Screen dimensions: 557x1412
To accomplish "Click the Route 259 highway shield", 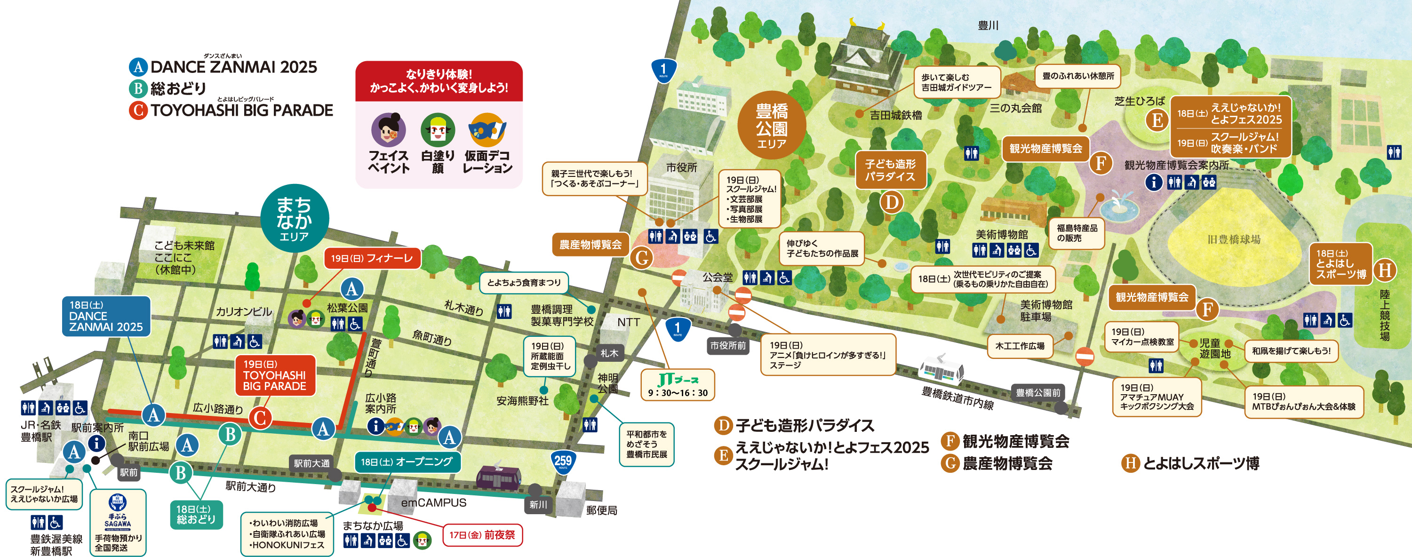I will tap(563, 462).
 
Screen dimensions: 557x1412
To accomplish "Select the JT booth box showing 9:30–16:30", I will tap(678, 385).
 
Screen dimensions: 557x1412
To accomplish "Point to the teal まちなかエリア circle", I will tap(295, 219).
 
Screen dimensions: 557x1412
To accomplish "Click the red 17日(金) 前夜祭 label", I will tap(482, 534).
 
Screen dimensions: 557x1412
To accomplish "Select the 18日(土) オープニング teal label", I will tap(407, 462).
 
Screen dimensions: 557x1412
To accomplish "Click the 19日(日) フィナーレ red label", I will tap(372, 258).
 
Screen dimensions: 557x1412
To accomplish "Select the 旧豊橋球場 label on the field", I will tap(1233, 239).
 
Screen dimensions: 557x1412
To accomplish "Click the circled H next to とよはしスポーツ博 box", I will tap(1385, 270).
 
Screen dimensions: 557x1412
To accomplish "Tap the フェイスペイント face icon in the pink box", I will tap(388, 129).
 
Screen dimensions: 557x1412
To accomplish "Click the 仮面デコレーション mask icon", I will tap(487, 129).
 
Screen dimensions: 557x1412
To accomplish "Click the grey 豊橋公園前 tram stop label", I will tap(1037, 392).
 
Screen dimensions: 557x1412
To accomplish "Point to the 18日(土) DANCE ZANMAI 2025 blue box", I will tap(106, 316).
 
